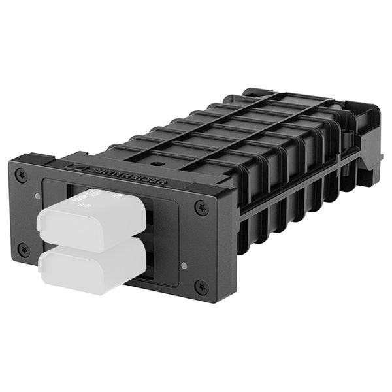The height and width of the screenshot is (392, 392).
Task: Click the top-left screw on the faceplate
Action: (x=23, y=175)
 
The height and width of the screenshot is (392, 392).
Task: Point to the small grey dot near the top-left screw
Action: (x=37, y=195)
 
